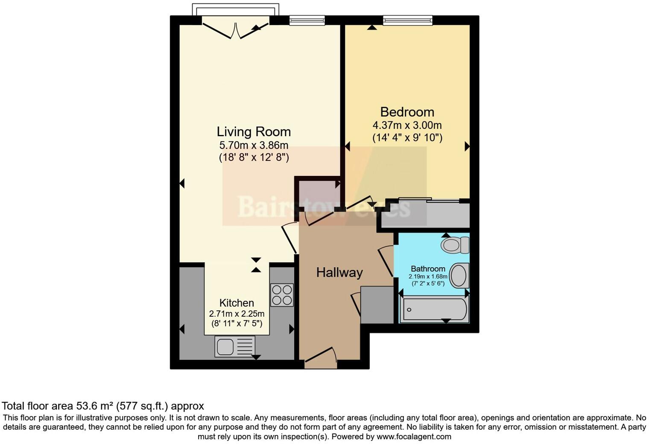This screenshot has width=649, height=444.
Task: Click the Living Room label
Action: point(254,131)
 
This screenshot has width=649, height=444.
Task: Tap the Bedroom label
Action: point(407,112)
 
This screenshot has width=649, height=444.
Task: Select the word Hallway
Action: point(339,272)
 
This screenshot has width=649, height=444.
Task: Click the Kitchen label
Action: point(237,303)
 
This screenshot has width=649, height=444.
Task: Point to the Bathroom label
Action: point(428,269)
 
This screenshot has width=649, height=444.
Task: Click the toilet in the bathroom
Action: point(455,245)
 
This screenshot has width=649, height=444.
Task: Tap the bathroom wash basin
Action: point(459,275)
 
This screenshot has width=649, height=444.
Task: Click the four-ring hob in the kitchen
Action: point(282,295)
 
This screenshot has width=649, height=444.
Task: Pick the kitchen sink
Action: point(235,346)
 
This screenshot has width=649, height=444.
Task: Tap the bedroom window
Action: point(407,20)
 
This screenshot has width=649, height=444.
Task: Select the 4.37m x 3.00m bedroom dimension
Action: point(407,126)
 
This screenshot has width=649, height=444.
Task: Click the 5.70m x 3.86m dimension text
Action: point(254,145)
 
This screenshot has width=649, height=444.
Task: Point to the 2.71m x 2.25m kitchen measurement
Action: point(237,314)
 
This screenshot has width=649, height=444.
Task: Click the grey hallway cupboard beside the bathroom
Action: point(377,305)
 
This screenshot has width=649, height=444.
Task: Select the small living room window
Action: point(307,20)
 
